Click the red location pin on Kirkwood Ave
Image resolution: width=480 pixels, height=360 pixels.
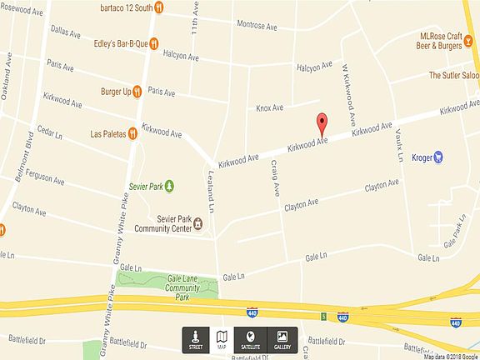(x=321, y=125)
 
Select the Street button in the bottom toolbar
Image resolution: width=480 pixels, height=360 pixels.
(x=196, y=339)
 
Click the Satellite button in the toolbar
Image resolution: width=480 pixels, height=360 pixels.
(x=251, y=339)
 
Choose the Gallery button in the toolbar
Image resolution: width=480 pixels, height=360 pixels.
(x=282, y=339)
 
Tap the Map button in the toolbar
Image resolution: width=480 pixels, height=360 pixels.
(x=222, y=339)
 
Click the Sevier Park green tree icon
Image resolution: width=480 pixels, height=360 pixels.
(x=170, y=185)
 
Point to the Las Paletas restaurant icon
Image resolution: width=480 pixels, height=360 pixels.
(x=132, y=132)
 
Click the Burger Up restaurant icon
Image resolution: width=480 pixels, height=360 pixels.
(x=137, y=91)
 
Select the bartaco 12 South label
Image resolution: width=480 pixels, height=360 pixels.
(x=125, y=8)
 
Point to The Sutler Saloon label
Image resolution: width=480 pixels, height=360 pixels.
(x=453, y=75)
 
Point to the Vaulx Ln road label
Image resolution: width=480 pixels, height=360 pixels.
(x=399, y=147)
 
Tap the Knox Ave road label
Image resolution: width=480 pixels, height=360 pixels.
(x=269, y=107)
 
